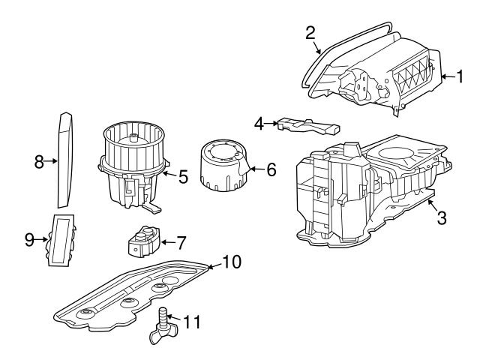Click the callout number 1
(x=462, y=76)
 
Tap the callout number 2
(x=310, y=32)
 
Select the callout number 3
(x=442, y=218)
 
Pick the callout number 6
(x=271, y=170)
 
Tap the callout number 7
(x=180, y=244)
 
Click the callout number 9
(x=29, y=241)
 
